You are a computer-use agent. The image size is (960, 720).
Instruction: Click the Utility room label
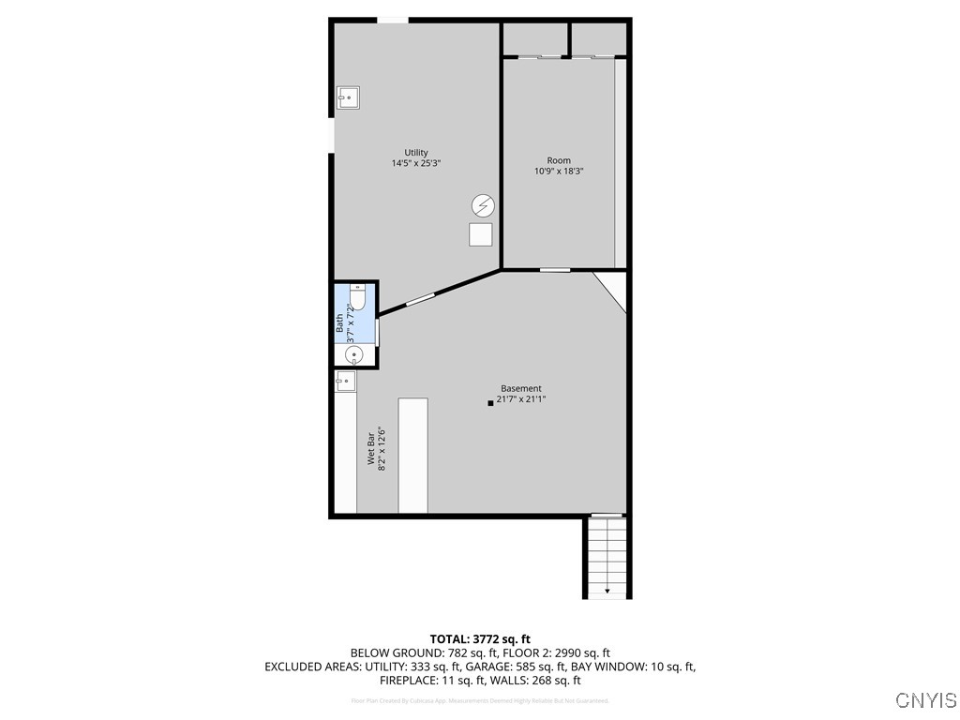pos(416,153)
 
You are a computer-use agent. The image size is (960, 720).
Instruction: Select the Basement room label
pos(520,388)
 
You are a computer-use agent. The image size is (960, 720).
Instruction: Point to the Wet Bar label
pos(371,449)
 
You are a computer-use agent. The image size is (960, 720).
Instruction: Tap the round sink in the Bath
pos(353,354)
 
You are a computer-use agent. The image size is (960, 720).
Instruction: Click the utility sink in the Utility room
pos(348,97)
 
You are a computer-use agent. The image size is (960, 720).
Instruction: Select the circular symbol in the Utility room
pos(483,205)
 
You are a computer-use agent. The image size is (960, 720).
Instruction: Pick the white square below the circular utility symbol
pos(481,234)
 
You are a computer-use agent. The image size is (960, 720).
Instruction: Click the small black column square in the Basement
pos(490,403)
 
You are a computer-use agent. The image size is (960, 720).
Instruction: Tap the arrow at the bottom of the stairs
pos(607,591)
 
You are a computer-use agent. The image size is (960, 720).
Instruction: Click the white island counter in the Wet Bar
pos(412,456)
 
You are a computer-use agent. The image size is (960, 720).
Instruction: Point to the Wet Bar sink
pos(345,379)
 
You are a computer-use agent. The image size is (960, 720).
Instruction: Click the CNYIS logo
pos(925,699)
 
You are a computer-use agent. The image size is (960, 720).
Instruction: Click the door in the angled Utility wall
pos(419,300)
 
